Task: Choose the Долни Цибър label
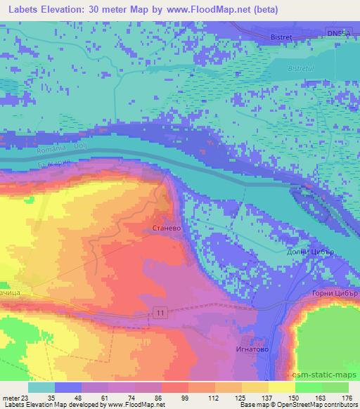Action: coord(309,252)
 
